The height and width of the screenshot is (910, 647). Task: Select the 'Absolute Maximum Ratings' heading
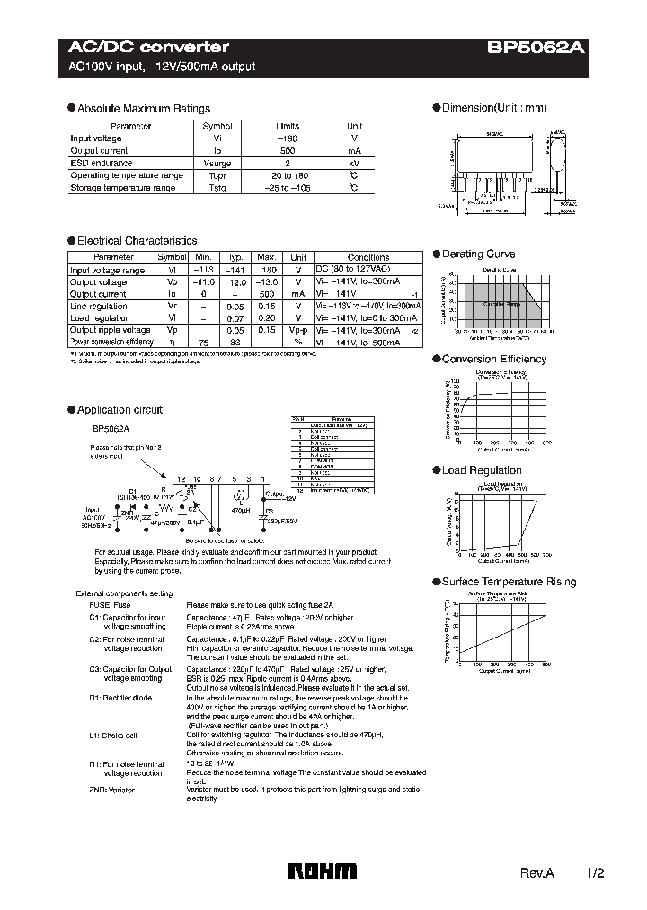(143, 108)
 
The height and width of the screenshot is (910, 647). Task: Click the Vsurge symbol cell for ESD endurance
(217, 164)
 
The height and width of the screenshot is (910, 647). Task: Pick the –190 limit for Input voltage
(287, 138)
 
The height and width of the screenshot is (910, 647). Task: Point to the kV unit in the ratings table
(355, 164)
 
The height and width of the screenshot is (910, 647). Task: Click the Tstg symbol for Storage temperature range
(217, 188)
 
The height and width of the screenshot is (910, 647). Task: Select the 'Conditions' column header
(368, 257)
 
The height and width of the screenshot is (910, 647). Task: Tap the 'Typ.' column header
(235, 257)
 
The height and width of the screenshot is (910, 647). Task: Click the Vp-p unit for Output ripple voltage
(299, 330)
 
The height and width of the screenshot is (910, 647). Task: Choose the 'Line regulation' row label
(99, 306)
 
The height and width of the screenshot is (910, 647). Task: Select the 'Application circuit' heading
(120, 409)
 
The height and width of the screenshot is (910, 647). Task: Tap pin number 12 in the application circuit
(181, 479)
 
